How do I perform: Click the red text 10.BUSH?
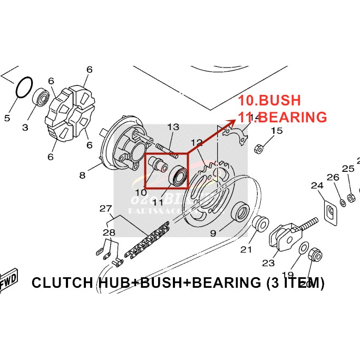269,101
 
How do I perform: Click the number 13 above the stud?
173,127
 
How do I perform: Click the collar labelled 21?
258,223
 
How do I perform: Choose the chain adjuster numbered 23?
282,237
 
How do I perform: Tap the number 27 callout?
106,208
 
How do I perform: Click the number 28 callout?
109,232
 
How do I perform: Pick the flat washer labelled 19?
304,248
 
